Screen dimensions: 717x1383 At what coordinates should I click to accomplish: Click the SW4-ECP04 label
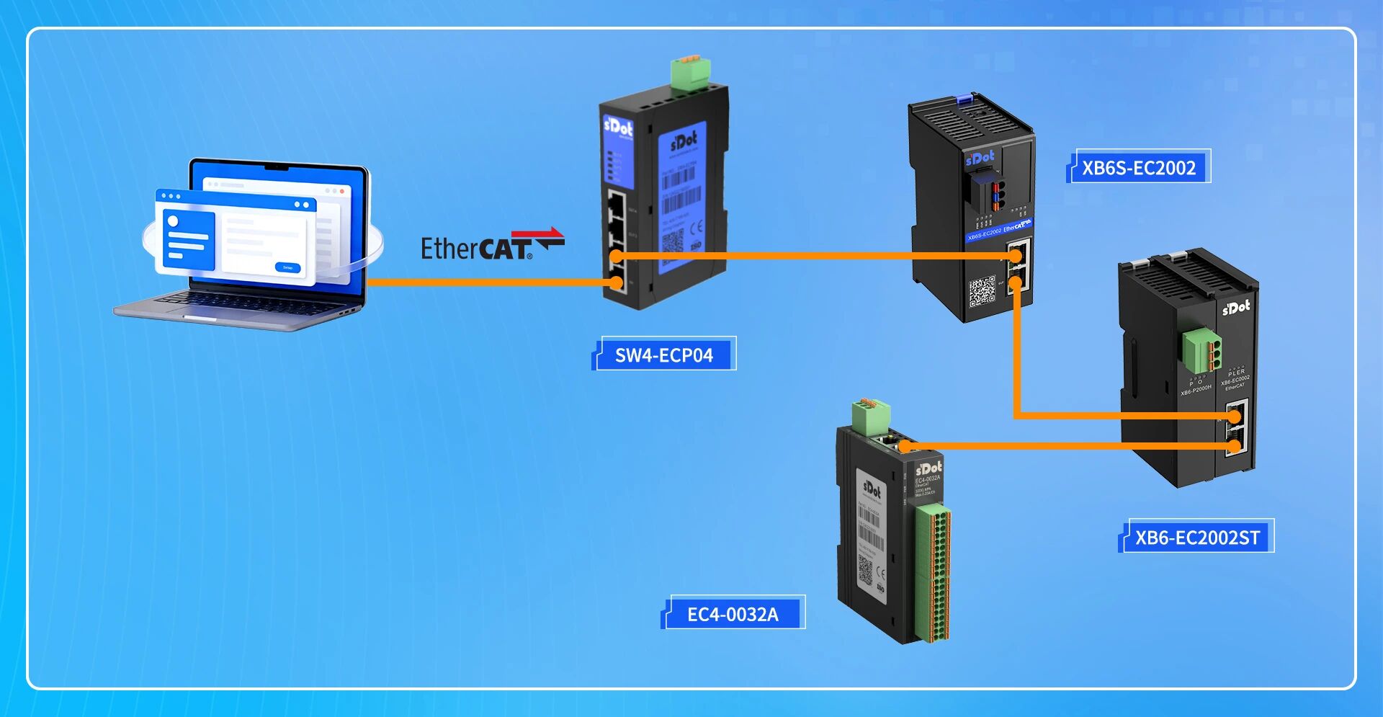pos(663,355)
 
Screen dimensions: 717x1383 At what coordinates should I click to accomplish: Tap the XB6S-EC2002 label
pos(1138,167)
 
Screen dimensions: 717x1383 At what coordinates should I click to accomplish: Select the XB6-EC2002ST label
pos(1197,537)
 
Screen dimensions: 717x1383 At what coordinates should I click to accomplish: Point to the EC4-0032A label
pos(733,614)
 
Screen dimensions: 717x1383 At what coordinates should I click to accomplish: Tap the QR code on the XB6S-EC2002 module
pos(982,291)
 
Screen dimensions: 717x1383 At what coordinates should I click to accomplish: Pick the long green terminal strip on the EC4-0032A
pos(934,573)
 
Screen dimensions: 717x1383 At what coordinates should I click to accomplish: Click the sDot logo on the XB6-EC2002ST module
pos(1236,308)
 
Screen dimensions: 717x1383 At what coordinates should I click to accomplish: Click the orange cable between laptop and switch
pos(490,282)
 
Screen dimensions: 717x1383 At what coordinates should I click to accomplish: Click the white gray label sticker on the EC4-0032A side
pos(871,533)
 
